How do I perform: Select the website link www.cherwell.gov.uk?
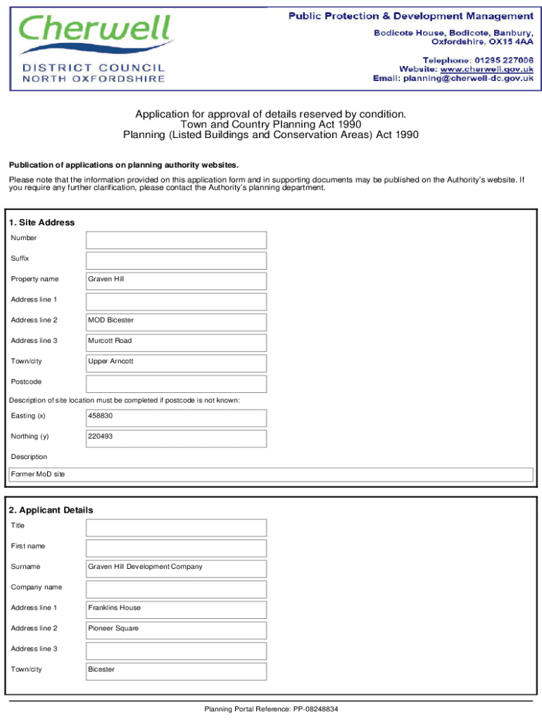486,69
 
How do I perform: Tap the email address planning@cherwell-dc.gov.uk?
467,79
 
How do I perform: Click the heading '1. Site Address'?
42,222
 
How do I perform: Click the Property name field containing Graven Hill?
176,280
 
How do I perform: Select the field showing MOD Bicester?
176,320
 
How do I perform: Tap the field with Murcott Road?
176,341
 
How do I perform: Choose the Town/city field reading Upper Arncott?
176,361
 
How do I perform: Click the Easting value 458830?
176,416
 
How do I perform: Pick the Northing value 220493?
176,437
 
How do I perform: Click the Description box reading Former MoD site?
270,475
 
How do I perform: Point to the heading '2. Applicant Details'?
51,510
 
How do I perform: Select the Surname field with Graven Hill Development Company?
176,567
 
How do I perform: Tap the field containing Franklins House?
176,608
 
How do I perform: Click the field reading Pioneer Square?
176,628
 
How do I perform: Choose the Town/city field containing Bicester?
176,670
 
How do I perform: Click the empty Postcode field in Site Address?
176,382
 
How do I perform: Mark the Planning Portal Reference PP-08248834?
271,709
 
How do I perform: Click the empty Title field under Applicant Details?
176,526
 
